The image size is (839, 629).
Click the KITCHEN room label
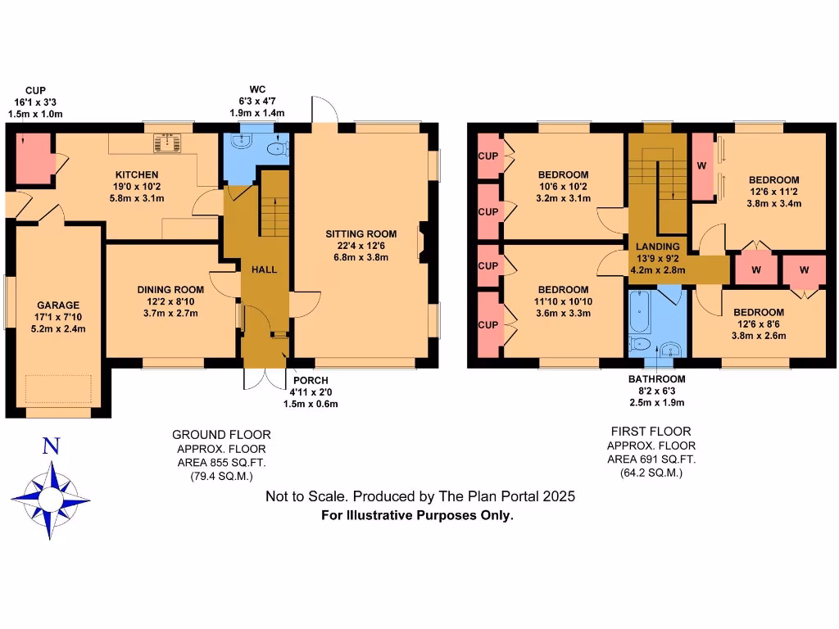137,174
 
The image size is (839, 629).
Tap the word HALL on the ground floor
264,269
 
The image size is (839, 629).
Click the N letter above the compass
51,446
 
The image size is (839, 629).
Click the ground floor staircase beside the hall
274,215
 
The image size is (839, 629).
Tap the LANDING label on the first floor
659,247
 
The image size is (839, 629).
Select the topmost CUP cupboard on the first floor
488,156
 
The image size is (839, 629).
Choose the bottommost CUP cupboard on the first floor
488,325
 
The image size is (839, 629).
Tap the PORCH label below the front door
311,381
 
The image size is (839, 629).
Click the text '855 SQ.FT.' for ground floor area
237,463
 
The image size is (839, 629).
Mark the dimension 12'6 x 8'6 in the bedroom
758,324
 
